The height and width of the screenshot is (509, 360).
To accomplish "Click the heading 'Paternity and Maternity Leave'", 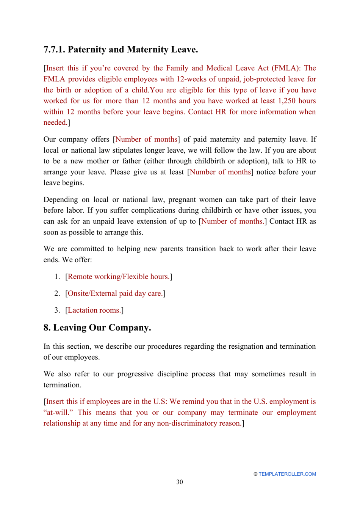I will tap(133, 50).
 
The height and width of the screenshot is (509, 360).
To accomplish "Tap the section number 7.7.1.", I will tap(54, 50).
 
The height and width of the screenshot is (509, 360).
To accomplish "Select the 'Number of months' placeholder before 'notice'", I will tap(220, 172).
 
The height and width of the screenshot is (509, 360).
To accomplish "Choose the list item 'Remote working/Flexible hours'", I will tap(119, 277).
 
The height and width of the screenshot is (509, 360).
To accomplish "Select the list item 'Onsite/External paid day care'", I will tap(115, 293).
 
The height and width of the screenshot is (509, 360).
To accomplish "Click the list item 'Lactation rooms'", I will tap(94, 310).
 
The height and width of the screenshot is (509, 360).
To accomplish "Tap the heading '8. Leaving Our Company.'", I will tap(97, 328).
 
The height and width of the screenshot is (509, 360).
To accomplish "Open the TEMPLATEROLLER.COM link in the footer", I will tap(287, 474).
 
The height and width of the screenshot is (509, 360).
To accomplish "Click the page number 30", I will tap(180, 482).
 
